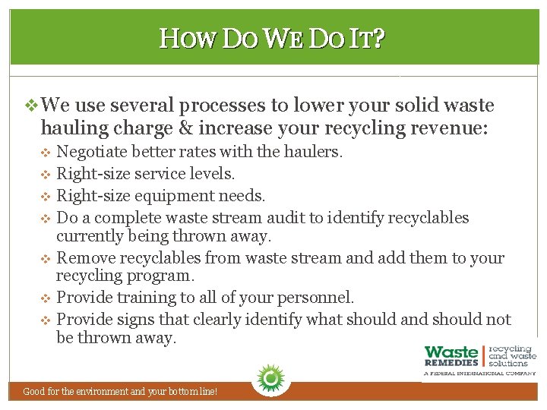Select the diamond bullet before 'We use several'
31,106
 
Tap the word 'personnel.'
315,298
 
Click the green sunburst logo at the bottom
268,377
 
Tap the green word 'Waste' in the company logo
451,353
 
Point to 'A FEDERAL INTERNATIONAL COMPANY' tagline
479,374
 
